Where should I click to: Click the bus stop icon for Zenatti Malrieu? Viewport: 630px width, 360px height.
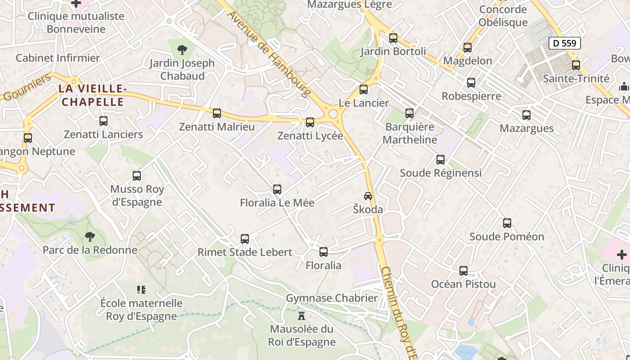point(217,113)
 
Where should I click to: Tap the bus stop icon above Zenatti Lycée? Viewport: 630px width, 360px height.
point(310,122)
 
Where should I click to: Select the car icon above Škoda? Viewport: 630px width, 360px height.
point(368,196)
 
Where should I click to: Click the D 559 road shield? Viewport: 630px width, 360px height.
point(565,43)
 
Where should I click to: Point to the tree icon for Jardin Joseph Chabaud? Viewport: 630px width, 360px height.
point(182,49)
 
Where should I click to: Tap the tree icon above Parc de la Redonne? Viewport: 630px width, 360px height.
point(90,236)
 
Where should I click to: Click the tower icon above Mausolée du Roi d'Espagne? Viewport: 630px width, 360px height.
point(301,315)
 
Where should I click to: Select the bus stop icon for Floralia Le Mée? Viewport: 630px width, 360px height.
point(277,189)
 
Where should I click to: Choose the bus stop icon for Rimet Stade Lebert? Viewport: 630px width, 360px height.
point(245,238)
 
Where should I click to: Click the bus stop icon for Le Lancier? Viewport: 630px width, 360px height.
point(364,90)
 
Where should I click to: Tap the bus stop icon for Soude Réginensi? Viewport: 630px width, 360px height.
point(441,159)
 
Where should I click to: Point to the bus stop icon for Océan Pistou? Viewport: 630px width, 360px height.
point(463,271)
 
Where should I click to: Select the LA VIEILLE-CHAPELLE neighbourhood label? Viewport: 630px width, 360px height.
point(91,95)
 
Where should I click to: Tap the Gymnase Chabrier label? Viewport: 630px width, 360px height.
point(332,298)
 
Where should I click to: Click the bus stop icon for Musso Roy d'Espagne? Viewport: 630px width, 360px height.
point(137,176)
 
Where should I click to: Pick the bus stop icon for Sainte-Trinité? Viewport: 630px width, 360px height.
point(576,65)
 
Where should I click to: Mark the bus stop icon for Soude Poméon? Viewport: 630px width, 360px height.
point(507,223)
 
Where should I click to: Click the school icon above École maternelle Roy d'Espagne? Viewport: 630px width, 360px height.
point(141,290)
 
